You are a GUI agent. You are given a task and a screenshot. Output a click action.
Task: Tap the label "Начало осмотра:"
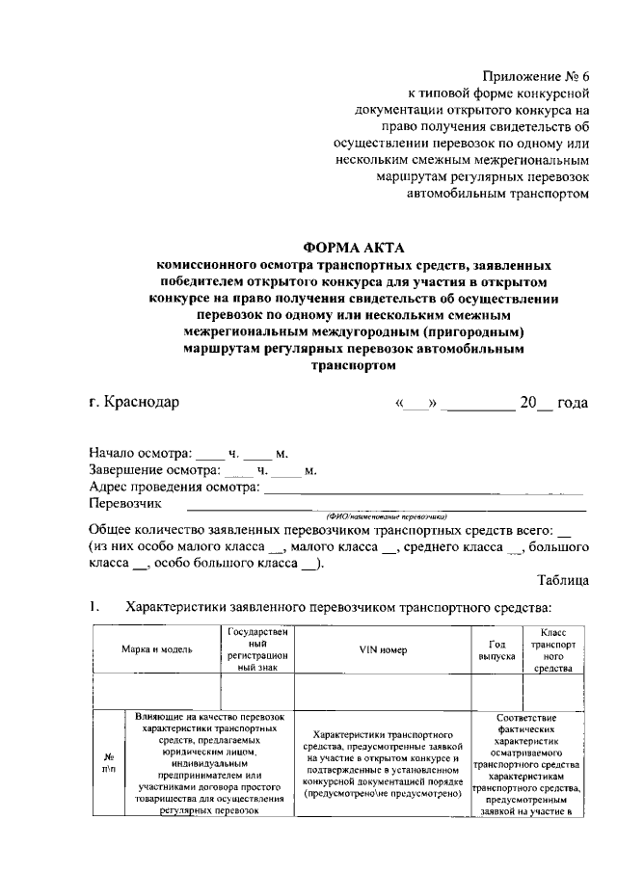(141, 452)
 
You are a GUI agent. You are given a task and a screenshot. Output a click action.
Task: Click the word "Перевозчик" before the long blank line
(125, 503)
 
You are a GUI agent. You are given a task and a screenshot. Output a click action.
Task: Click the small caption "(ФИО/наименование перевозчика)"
(379, 516)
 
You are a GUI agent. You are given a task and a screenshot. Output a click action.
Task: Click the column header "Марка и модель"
(156, 649)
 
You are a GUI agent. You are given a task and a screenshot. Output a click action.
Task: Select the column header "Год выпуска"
(496, 649)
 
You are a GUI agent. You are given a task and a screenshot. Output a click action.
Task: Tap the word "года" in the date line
(573, 402)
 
